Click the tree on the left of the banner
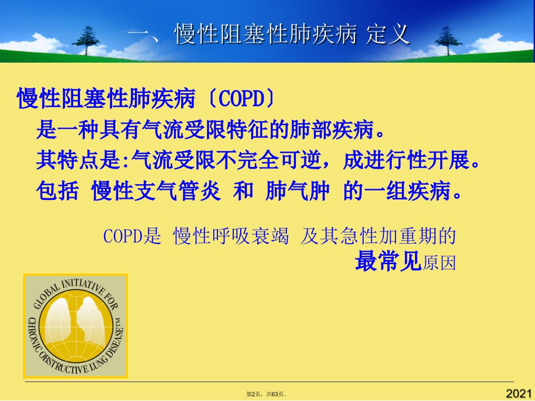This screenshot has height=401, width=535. point(86,41)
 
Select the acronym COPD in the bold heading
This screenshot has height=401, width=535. point(241,98)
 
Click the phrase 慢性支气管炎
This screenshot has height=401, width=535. point(156,191)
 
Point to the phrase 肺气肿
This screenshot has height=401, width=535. point(298,191)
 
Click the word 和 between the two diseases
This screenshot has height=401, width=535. point(243,191)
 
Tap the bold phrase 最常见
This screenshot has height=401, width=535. point(388,262)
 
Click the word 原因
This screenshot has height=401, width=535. point(439,263)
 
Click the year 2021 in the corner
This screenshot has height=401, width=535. point(519,394)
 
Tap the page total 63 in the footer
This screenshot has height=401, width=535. point(275,394)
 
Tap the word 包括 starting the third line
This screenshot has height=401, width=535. point(57,191)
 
